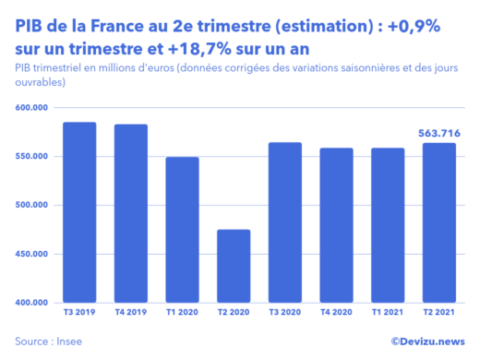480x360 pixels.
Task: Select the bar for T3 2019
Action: click(79, 212)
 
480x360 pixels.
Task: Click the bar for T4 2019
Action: click(130, 213)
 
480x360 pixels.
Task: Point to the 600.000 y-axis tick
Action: click(32, 108)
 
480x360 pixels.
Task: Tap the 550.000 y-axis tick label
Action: click(32, 157)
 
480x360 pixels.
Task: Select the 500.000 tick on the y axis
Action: click(32, 206)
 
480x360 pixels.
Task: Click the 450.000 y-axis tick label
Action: click(32, 254)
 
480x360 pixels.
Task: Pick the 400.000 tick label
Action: click(32, 303)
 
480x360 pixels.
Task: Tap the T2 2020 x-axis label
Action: click(234, 313)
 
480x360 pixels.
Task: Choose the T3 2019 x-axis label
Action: click(79, 313)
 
